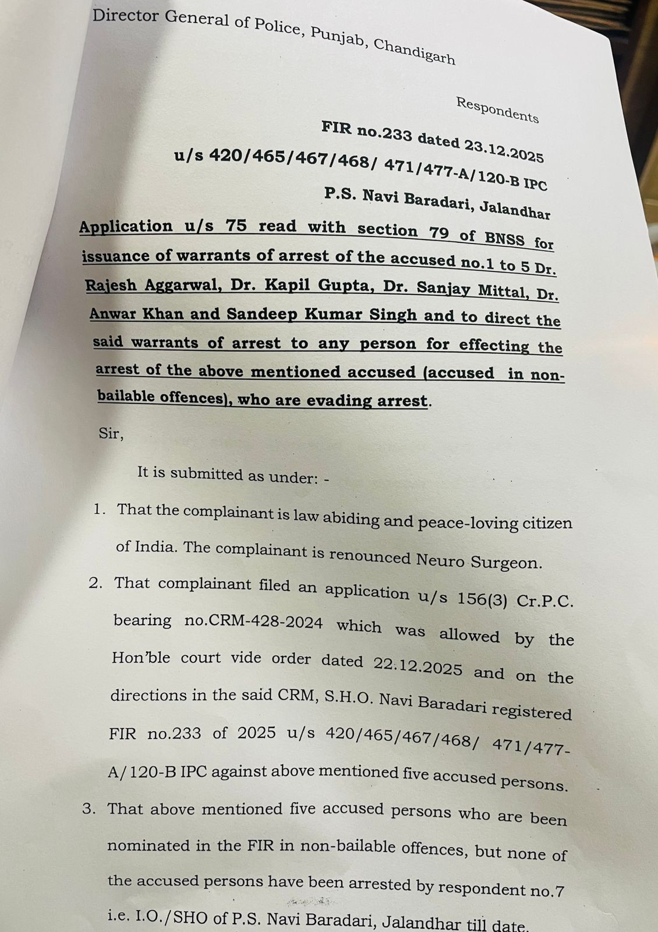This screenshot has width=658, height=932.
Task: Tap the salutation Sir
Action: click(111, 433)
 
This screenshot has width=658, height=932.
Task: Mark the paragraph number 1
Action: click(100, 509)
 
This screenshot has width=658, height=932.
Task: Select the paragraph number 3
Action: click(89, 809)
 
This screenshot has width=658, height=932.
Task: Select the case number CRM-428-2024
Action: click(253, 623)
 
